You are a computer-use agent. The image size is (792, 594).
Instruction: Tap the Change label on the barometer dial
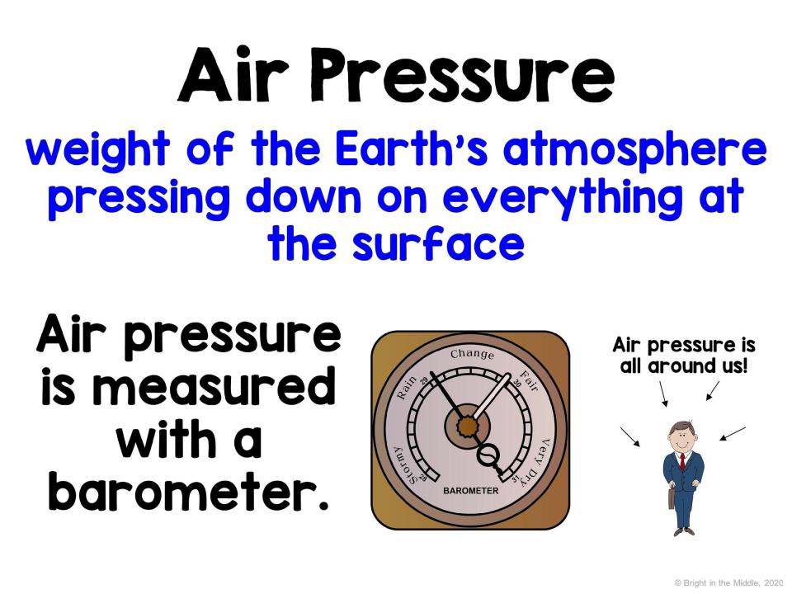point(472,354)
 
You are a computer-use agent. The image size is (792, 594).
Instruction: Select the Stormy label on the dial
point(404,465)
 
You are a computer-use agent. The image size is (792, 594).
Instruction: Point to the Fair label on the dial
point(530,381)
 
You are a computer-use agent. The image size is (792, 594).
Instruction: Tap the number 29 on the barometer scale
point(423,380)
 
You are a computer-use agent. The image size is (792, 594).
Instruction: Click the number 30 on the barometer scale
point(516,384)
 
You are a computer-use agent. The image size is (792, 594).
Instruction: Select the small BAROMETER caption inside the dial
point(470,491)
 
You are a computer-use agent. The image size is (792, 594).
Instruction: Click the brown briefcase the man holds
point(672,498)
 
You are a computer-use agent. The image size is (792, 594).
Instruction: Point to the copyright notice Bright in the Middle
point(728,583)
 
